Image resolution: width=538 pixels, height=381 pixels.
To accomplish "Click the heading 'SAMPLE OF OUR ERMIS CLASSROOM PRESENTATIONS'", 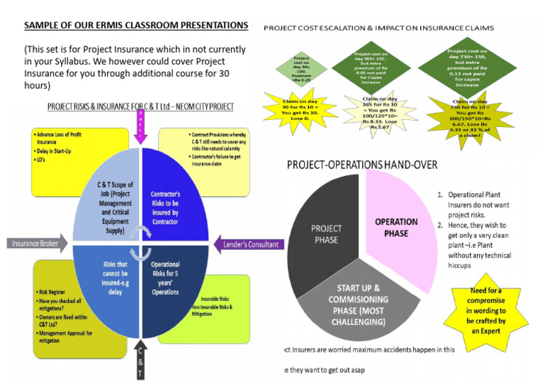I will pyautogui.click(x=136, y=26).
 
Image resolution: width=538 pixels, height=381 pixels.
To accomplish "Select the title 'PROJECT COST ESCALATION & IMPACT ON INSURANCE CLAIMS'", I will pyautogui.click(x=378, y=28).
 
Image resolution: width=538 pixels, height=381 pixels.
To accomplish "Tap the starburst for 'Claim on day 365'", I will pyautogui.click(x=380, y=113).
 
